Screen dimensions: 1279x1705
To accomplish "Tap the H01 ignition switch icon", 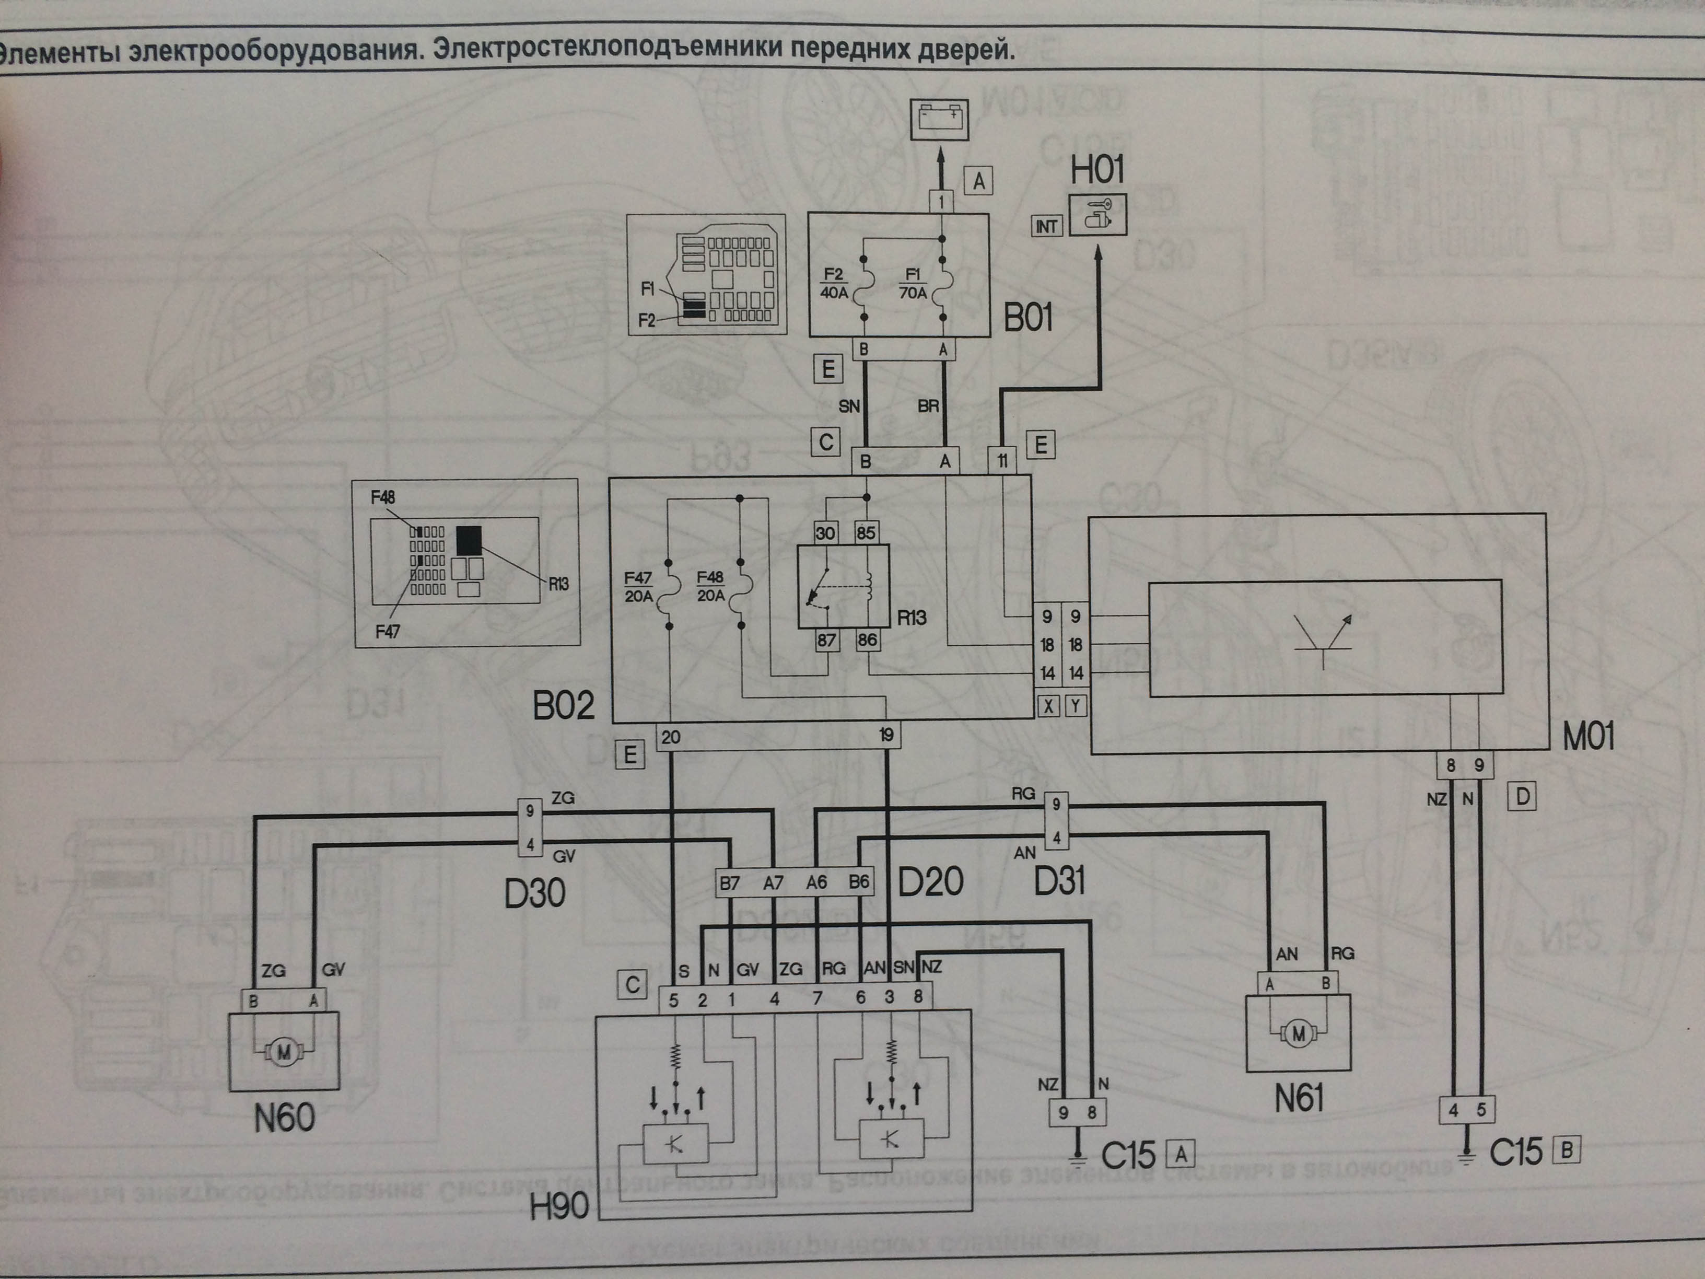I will click(1097, 214).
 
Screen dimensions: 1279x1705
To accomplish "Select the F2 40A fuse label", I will click(834, 284).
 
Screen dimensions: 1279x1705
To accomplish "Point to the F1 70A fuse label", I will click(914, 284).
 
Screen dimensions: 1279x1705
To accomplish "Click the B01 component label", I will click(1028, 318).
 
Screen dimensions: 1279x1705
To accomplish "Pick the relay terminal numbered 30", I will click(825, 533).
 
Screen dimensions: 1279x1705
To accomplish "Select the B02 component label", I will click(564, 705).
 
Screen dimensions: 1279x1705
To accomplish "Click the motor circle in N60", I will click(284, 1052).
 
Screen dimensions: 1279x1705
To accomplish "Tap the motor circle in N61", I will click(1299, 1033).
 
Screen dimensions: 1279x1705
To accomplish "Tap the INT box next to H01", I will click(1046, 226).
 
